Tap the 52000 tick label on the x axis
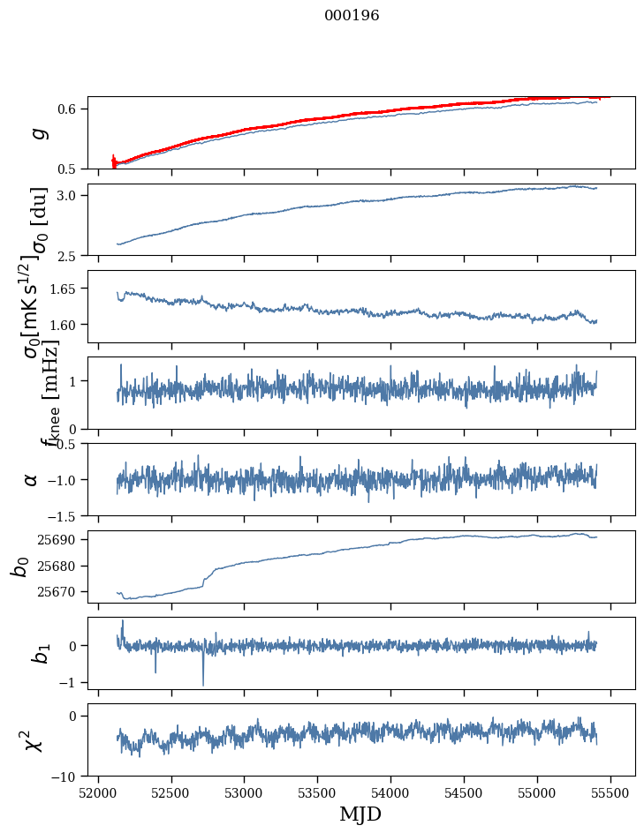pos(98,792)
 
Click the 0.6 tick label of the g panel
pos(68,109)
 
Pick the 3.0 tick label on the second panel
pos(68,195)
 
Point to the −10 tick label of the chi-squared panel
pos(65,777)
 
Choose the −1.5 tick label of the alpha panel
pos(62,515)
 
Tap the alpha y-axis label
pos(32,479)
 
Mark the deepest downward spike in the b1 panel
pos(203,684)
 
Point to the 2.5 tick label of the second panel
pos(68,256)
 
